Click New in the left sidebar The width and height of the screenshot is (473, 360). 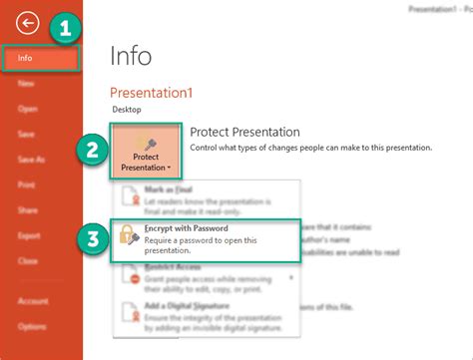point(26,85)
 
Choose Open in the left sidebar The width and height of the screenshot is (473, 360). point(27,110)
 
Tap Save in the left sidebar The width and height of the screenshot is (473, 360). point(27,135)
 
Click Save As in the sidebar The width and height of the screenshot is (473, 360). point(31,160)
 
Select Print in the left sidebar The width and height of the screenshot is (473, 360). point(27,184)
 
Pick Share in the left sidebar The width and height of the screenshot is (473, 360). point(28,209)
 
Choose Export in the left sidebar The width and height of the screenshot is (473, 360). point(29,234)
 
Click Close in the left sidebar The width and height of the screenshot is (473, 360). point(28,259)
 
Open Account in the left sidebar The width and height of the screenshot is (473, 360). point(32,300)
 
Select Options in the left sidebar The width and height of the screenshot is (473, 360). point(32,325)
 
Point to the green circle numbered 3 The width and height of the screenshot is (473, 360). point(92,240)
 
